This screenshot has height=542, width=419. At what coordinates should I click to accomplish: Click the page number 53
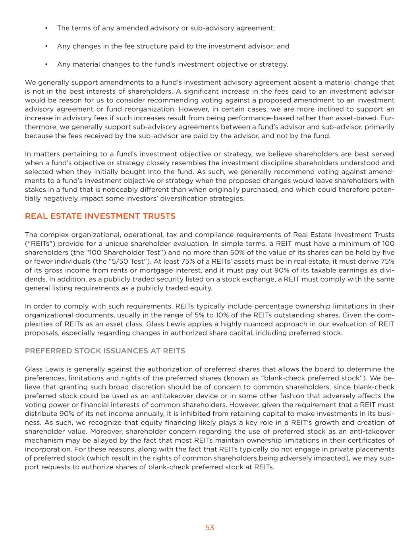click(209, 527)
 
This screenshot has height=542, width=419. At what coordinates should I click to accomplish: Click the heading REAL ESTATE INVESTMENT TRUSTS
click(100, 216)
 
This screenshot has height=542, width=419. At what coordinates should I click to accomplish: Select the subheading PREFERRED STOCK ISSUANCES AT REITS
click(105, 351)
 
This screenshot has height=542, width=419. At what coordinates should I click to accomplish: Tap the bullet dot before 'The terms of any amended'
click(46, 28)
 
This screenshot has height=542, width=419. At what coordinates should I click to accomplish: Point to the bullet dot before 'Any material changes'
click(46, 64)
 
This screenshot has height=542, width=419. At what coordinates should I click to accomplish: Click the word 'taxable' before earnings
click(305, 270)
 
